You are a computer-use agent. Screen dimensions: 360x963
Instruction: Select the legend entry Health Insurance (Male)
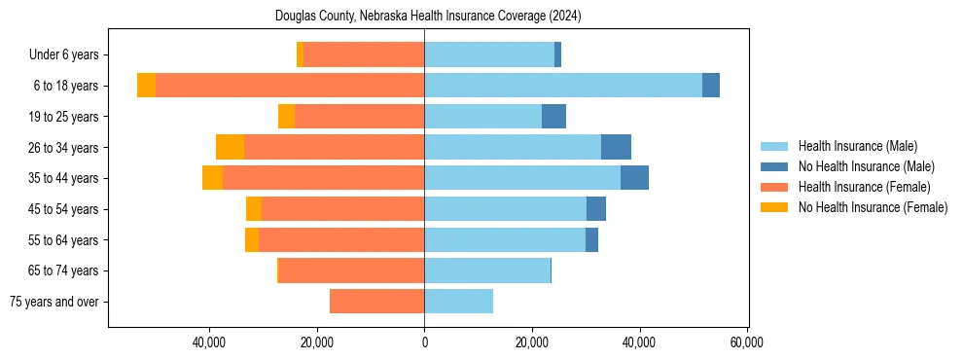[857, 146]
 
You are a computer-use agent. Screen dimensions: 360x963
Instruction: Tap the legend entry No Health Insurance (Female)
[873, 207]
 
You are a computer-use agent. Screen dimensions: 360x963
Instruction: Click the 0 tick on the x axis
[424, 342]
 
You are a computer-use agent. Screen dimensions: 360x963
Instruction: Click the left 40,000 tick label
[209, 342]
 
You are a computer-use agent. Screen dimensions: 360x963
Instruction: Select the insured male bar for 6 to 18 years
[562, 86]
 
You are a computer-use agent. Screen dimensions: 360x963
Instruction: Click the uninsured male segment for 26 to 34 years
[616, 147]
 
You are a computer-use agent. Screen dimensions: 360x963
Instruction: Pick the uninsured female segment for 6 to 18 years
[146, 86]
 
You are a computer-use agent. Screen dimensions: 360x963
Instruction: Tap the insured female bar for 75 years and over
[376, 302]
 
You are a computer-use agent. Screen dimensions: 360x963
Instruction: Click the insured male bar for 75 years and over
[458, 302]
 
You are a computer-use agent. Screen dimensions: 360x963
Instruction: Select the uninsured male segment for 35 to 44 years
[634, 178]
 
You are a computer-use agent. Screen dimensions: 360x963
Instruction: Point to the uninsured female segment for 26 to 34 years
[230, 147]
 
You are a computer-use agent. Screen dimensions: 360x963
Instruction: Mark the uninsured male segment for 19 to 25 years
[553, 117]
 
